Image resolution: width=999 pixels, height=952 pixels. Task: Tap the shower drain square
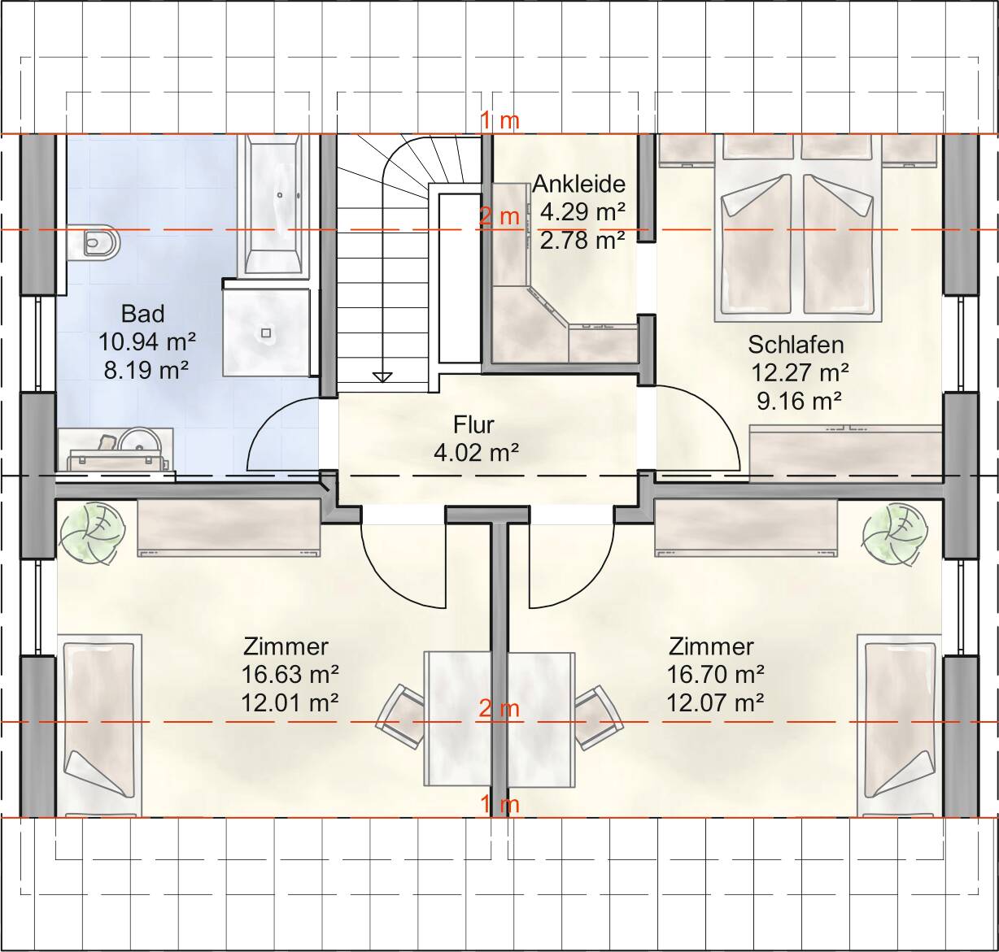[x=266, y=333]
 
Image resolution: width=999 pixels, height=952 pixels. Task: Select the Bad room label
[x=143, y=314]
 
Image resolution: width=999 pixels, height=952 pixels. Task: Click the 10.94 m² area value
[x=147, y=341]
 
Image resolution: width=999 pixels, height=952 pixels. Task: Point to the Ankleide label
[x=578, y=184]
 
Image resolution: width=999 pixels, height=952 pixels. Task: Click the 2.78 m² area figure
[x=582, y=241]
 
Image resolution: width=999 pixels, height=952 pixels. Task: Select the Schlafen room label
[x=796, y=345]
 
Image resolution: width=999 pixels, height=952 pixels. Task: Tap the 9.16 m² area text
[x=800, y=402]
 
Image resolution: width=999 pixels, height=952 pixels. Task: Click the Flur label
[x=473, y=424]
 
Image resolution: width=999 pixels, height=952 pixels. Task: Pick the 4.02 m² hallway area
[x=476, y=452]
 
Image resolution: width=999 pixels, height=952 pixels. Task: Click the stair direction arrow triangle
[x=382, y=377]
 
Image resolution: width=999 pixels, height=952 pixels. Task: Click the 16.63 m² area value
[x=290, y=675]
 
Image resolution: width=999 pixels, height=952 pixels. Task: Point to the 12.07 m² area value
[x=715, y=703]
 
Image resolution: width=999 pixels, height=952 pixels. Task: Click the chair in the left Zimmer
[x=401, y=715]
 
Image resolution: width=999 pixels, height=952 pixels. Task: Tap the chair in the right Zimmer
[x=599, y=717]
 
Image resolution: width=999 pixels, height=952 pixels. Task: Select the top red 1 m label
[x=500, y=121]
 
